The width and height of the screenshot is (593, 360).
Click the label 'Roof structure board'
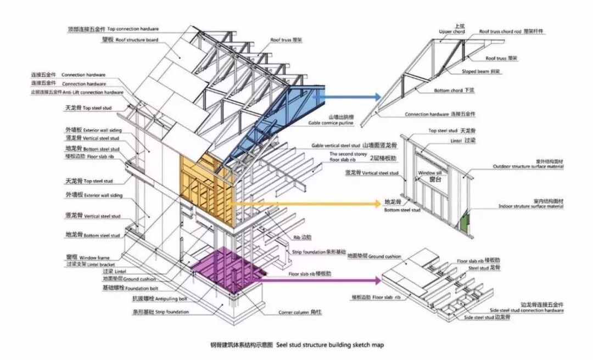click(x=137, y=40)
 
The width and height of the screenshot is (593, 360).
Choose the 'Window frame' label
click(x=95, y=257)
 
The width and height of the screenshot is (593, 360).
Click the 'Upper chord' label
click(x=451, y=32)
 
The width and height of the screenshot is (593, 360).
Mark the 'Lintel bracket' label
click(x=91, y=265)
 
